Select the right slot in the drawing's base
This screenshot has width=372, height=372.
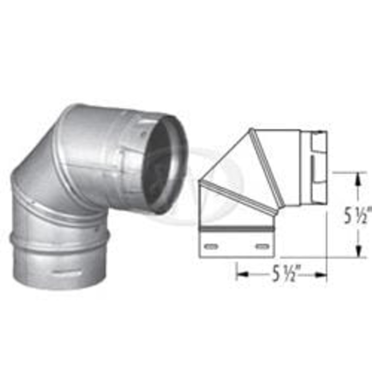(x=262, y=245)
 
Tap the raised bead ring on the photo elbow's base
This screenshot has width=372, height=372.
(x=58, y=242)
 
